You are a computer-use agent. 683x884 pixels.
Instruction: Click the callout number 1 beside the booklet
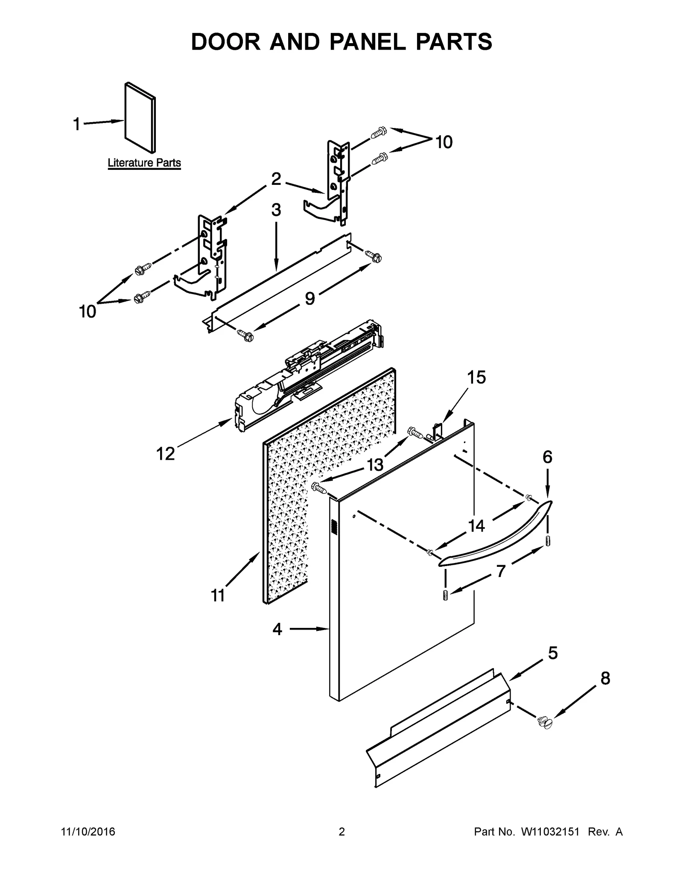[x=77, y=125]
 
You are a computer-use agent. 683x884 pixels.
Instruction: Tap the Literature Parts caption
[x=144, y=163]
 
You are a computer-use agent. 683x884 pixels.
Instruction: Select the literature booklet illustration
[x=140, y=117]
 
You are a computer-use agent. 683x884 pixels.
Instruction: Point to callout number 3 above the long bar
[x=276, y=210]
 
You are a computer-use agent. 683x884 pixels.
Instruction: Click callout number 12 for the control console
[x=166, y=454]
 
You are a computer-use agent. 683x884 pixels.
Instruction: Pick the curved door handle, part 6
[x=495, y=536]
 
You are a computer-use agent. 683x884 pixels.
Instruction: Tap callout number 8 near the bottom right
[x=605, y=678]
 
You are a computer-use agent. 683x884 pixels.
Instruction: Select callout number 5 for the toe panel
[x=553, y=653]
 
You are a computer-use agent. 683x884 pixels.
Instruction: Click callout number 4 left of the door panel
[x=277, y=629]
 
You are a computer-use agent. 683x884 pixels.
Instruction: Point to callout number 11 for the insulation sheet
[x=218, y=595]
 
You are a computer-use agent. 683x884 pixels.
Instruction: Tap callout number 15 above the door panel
[x=476, y=377]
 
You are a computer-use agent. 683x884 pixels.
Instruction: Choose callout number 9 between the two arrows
[x=310, y=298]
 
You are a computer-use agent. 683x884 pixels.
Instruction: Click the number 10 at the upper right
[x=444, y=142]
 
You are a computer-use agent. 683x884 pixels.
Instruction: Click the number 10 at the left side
[x=88, y=312]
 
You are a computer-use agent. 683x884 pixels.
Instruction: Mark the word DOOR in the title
[x=225, y=42]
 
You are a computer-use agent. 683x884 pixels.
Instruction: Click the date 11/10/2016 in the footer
[x=88, y=832]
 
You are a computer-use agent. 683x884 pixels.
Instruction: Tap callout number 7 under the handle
[x=500, y=571]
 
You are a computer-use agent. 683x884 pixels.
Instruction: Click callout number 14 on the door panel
[x=476, y=526]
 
